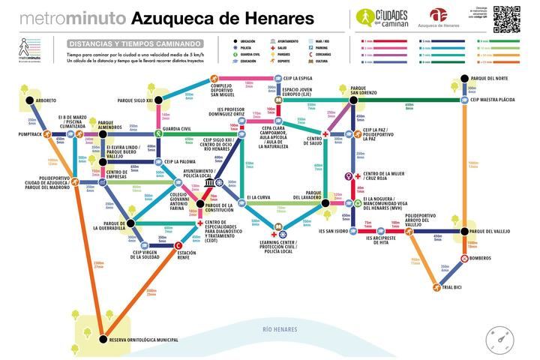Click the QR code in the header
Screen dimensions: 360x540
click(506, 19)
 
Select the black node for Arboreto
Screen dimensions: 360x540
click(30, 100)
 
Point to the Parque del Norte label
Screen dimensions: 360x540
click(490, 78)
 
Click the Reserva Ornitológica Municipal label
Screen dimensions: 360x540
click(144, 340)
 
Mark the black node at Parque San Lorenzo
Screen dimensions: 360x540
click(353, 99)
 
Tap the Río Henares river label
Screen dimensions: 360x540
click(280, 329)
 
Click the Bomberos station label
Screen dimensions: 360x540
click(481, 259)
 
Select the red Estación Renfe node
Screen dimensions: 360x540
click(178, 245)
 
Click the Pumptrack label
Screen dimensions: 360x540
click(30, 135)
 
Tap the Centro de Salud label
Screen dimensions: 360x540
click(313, 139)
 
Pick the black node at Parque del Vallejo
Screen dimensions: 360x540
click(464, 231)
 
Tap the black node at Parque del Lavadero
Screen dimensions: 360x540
click(325, 202)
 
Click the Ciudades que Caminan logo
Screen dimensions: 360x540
click(383, 19)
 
